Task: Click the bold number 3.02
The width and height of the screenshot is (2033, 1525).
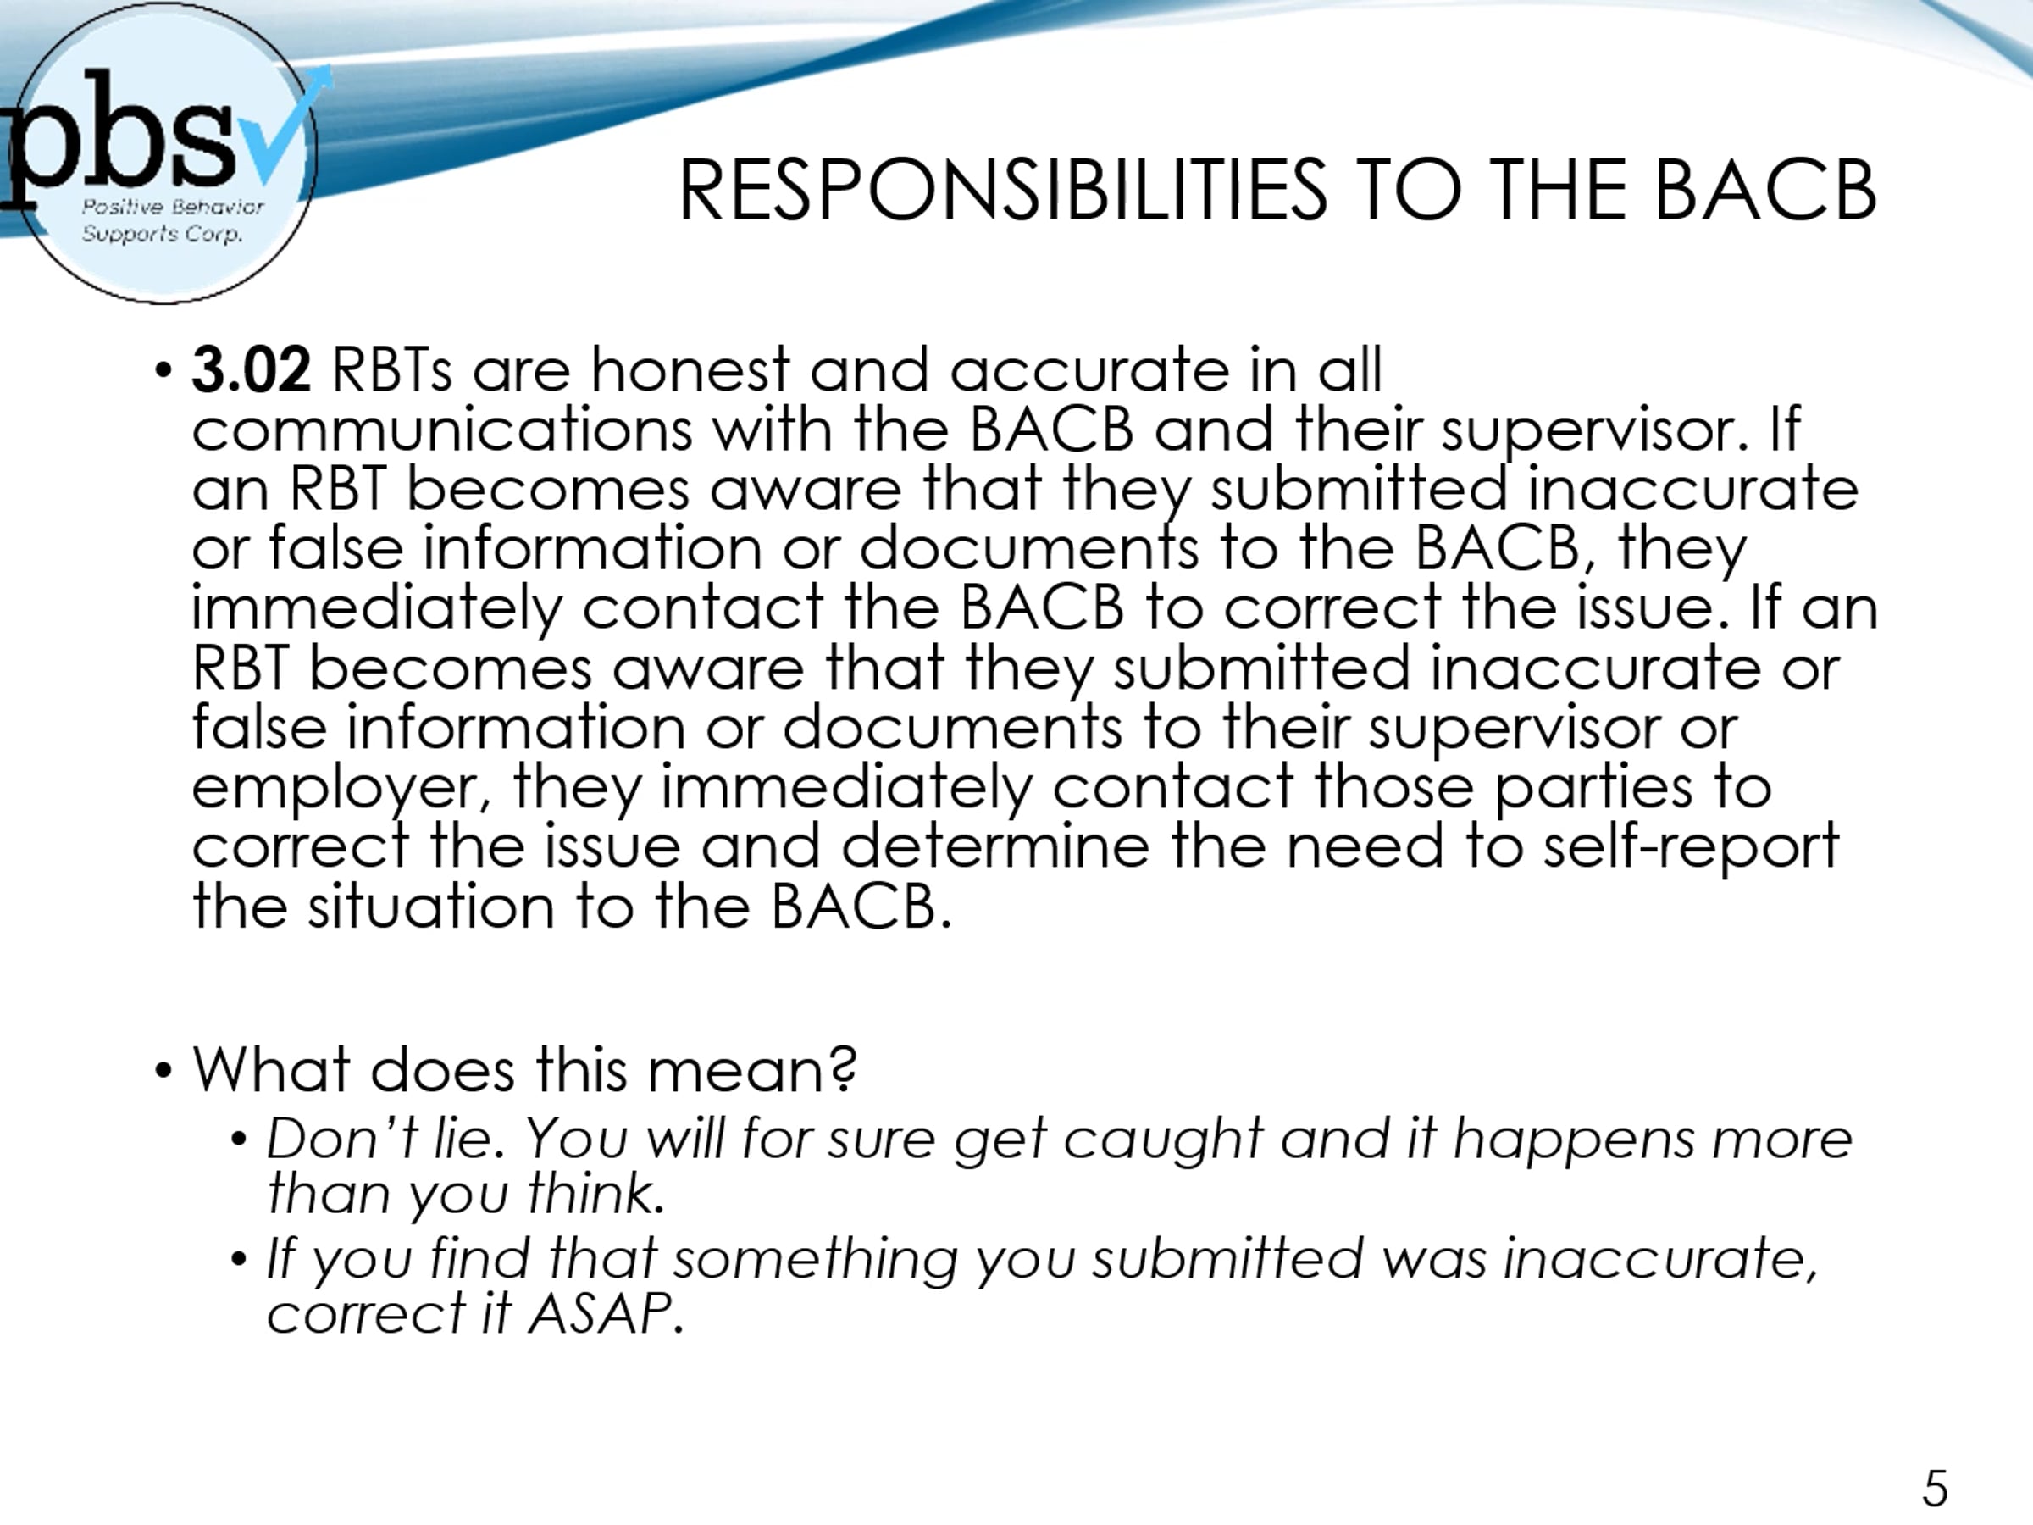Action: pos(251,370)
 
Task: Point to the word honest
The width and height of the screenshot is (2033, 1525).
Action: pos(690,370)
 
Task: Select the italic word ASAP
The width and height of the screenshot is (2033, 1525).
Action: pos(605,1313)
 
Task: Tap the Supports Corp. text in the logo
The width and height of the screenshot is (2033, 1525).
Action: pos(163,235)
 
